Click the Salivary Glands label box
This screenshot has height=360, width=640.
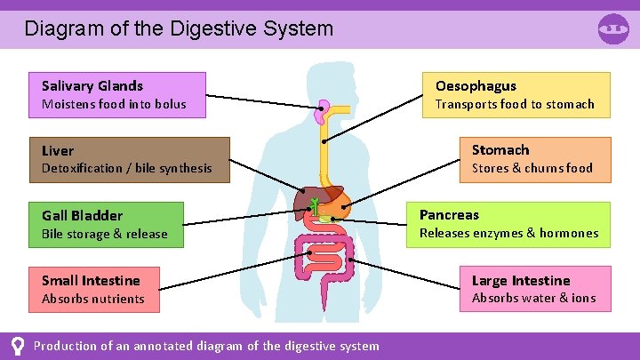click(116, 94)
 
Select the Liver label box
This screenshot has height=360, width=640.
click(129, 159)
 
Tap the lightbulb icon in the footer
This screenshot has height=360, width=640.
click(17, 346)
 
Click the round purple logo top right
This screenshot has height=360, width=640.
click(613, 28)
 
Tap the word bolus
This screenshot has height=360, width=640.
click(170, 104)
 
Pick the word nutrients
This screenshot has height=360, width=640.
click(118, 299)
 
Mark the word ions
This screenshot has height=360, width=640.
click(583, 298)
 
